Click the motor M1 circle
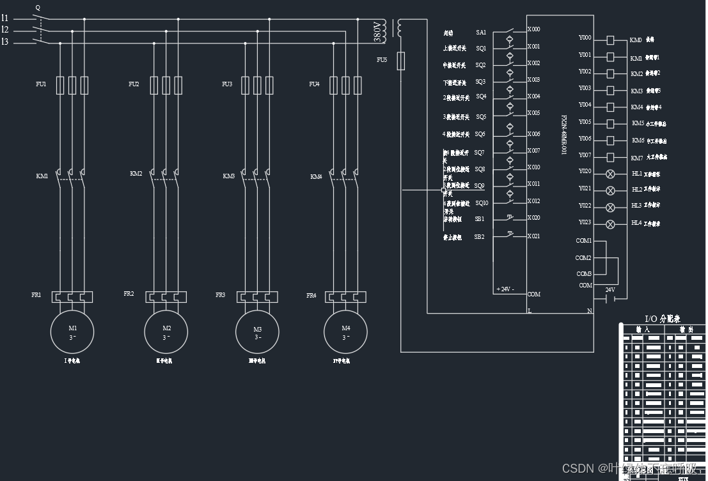[x=72, y=332]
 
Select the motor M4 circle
[x=345, y=332]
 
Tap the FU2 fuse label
[x=134, y=84]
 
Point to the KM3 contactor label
[x=229, y=176]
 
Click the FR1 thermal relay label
[x=36, y=295]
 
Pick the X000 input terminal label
[x=533, y=29]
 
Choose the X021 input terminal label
[x=533, y=236]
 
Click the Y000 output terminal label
[x=585, y=38]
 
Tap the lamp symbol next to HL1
[x=610, y=174]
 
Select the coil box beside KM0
[x=610, y=40]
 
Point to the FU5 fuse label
[x=382, y=59]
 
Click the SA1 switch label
[x=481, y=32]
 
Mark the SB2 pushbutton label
[x=479, y=237]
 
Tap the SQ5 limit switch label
[x=481, y=117]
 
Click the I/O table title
[x=663, y=319]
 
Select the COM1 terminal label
[x=583, y=241]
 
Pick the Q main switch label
[x=38, y=8]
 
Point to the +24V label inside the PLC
[x=505, y=289]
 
